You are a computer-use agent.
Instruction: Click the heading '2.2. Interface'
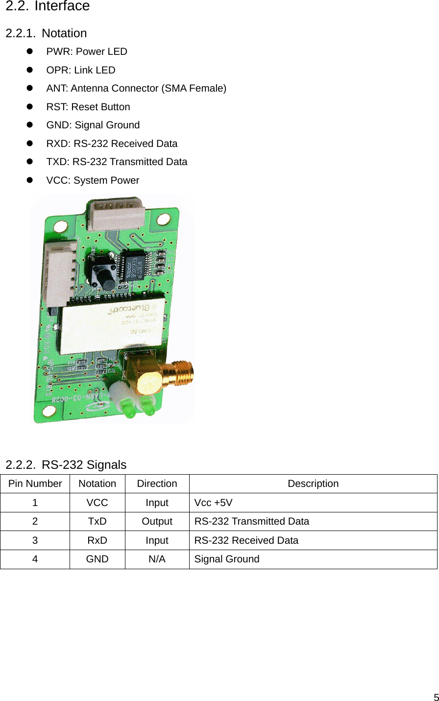48,6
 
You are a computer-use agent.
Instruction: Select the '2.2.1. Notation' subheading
46,33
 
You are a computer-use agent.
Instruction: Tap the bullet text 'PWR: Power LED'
87,52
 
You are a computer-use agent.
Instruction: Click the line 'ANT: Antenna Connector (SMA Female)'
136,89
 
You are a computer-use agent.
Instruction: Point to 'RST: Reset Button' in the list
88,107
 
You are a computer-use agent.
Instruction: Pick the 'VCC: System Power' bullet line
93,181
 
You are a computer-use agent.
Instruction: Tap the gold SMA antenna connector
167,377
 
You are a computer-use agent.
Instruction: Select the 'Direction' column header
157,484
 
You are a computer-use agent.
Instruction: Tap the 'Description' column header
313,484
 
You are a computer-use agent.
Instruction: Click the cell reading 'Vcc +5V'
214,503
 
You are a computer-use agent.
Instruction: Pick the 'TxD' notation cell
97,522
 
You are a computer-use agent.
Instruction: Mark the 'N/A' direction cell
157,559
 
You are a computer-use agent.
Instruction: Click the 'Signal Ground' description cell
227,559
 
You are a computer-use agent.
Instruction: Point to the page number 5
436,697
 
